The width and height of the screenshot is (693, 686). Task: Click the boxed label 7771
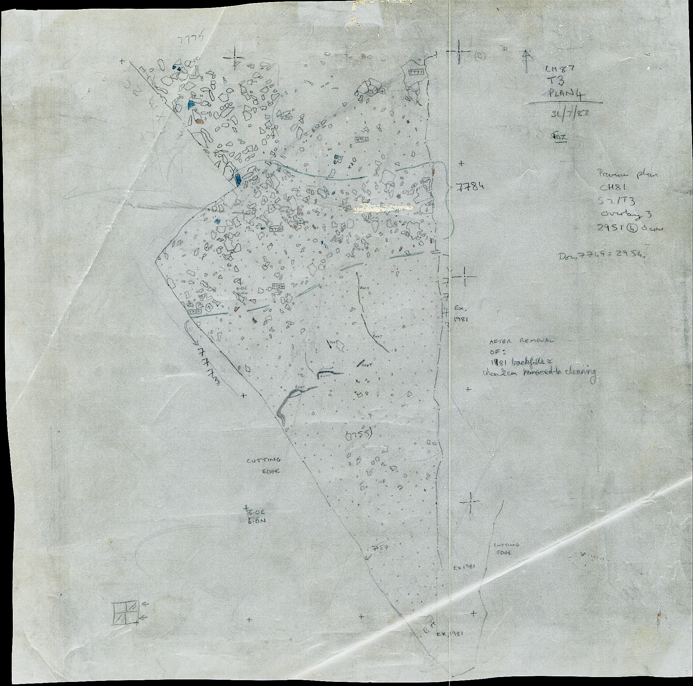(416, 72)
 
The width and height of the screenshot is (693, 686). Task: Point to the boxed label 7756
(194, 308)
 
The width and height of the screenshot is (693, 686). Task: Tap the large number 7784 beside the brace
(472, 186)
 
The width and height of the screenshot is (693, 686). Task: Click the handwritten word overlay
(618, 214)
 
